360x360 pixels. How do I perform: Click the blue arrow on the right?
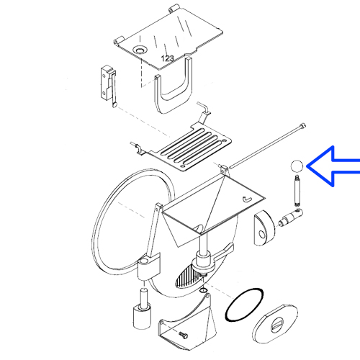(333, 166)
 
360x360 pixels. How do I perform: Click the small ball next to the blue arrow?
(297, 166)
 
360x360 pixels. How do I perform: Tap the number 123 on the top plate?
(167, 58)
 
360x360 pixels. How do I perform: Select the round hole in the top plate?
(140, 50)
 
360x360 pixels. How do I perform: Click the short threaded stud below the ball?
(297, 191)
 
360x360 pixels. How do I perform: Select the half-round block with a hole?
(264, 228)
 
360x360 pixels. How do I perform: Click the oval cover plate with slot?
(275, 325)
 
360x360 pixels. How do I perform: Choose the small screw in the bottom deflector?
(183, 334)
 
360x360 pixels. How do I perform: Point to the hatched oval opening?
(189, 276)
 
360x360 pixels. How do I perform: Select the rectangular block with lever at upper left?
(109, 86)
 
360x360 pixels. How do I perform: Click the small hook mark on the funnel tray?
(247, 199)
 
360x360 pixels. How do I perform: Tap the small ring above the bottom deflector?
(203, 291)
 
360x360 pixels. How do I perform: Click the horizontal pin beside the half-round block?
(290, 217)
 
